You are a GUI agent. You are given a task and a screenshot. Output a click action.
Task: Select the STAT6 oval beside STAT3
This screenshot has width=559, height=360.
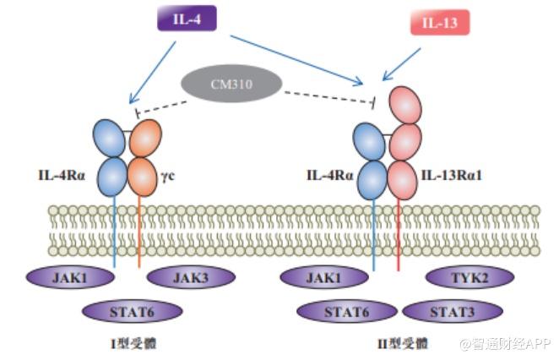[x=346, y=311]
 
